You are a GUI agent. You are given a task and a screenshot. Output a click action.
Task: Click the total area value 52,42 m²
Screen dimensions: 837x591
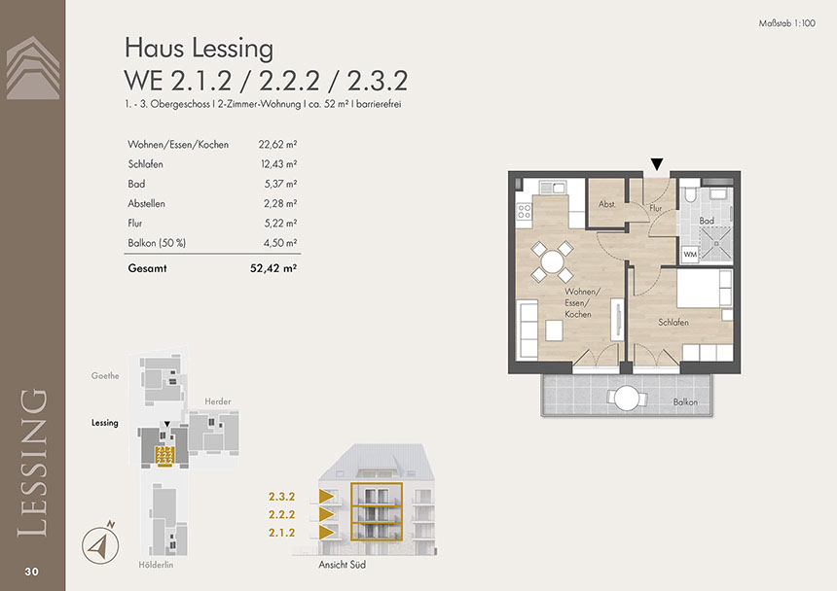coord(273,268)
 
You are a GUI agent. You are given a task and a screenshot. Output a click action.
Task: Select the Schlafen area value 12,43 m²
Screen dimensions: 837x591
coord(278,164)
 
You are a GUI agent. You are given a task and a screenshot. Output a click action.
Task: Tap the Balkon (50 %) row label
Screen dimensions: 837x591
coord(157,243)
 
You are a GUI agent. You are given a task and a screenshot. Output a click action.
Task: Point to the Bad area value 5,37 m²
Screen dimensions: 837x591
coord(280,184)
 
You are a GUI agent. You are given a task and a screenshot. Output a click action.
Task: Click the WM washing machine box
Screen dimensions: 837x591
coord(690,255)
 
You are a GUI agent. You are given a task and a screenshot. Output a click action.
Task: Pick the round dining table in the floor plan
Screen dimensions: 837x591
coord(552,261)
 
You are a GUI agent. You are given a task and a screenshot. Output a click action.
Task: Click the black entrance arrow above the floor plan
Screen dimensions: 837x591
coord(657,164)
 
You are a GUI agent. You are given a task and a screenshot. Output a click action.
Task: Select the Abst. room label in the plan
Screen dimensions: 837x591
coord(607,204)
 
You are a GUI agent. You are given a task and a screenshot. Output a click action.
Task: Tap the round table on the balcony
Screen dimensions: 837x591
coord(627,399)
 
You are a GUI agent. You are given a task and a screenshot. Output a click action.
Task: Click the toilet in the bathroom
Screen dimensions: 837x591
coord(689,193)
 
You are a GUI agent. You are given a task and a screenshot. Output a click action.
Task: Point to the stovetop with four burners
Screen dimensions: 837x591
coord(525,211)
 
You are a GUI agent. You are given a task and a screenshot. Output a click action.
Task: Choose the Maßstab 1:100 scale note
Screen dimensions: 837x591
coord(786,23)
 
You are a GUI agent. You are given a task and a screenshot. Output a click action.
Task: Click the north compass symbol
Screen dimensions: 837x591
coord(100,543)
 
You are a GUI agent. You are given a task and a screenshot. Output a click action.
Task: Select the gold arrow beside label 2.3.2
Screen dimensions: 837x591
coord(326,496)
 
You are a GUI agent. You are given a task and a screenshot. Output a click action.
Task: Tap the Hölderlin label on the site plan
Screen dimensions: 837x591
coord(156,565)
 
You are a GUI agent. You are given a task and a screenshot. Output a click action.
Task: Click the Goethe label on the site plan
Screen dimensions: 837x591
coord(105,376)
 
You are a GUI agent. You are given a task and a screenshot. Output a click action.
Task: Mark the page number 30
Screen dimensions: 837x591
coord(31,572)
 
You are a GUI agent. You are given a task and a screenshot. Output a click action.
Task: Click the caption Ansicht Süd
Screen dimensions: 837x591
coord(343,565)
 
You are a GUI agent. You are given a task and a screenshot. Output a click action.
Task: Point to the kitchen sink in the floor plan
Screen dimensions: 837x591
coord(553,188)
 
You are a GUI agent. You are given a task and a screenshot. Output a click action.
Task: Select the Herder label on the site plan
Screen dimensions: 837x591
coord(218,401)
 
